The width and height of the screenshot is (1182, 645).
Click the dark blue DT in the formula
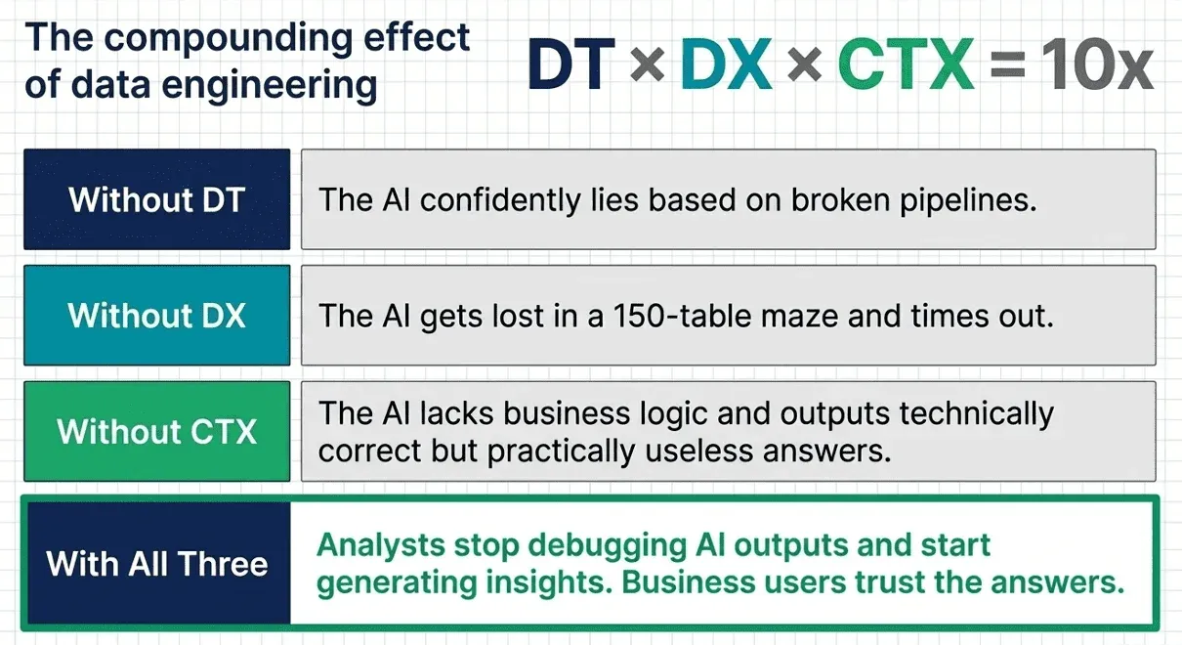571,64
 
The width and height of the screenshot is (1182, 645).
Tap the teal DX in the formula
726,64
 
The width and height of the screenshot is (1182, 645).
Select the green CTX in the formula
906,64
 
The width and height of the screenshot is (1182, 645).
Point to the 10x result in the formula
1097,64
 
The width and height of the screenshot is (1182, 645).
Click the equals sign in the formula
1007,66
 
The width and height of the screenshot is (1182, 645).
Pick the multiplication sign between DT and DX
648,66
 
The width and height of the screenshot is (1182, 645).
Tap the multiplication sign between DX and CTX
805,66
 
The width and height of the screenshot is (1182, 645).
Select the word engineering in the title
269,85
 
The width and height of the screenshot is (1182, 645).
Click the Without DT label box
156,199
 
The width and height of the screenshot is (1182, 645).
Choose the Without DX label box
156,315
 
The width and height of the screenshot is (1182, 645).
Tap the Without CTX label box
156,431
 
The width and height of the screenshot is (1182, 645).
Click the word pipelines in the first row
968,201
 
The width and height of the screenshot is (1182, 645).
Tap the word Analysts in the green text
380,545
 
